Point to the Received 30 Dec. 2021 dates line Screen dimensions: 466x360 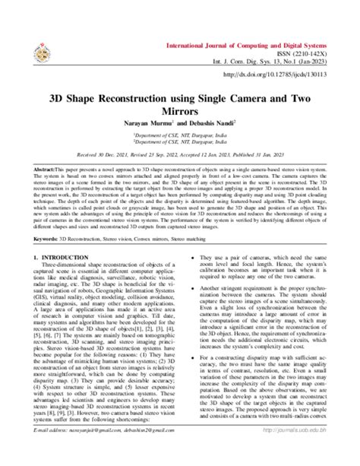point(180,155)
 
